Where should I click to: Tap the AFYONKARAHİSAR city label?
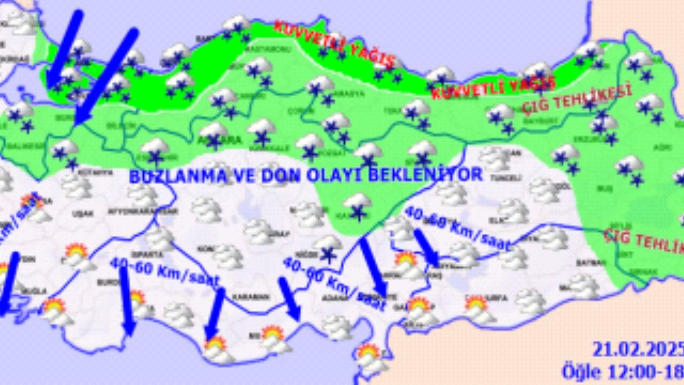coord(131,211)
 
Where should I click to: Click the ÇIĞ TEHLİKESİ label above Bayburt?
coord(577,99)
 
